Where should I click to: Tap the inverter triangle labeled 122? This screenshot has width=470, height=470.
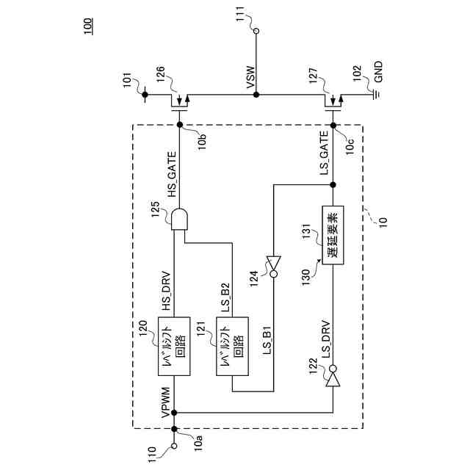tap(333, 379)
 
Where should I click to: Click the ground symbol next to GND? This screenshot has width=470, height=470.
tap(375, 94)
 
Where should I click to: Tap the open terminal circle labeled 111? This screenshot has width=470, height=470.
tap(256, 31)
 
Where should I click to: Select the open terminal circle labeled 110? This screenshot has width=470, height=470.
tap(175, 446)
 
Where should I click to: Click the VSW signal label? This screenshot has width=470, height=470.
tap(250, 81)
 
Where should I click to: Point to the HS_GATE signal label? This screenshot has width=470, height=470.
tap(173, 180)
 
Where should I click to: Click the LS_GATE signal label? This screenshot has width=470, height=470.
tap(325, 157)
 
